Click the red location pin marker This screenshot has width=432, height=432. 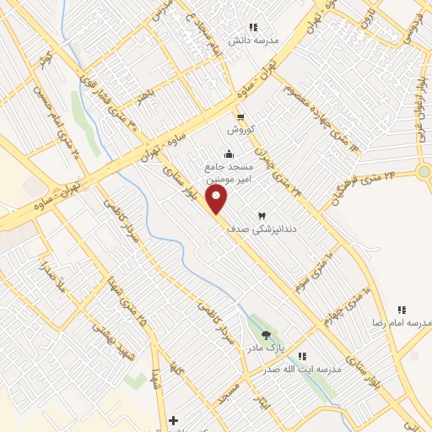coord(218,200)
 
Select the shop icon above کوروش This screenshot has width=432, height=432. coord(240,117)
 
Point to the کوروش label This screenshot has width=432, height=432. coord(240,130)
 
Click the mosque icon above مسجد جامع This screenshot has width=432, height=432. coord(229,152)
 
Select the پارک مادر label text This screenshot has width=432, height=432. coord(271,348)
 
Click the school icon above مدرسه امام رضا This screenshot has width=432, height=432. coord(402,310)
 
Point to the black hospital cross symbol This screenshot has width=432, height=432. coord(173,419)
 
